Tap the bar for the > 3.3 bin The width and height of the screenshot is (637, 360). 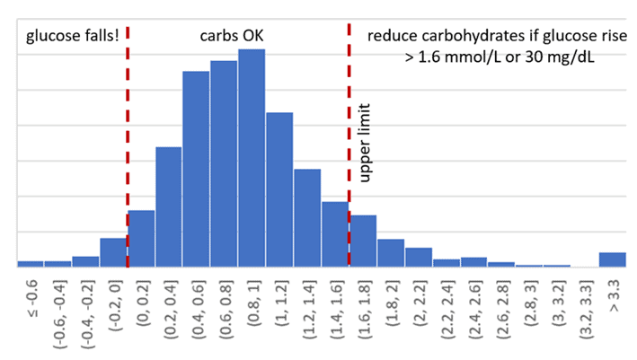click(612, 259)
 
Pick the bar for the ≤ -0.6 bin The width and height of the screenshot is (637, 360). click(31, 263)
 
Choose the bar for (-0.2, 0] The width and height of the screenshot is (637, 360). click(113, 252)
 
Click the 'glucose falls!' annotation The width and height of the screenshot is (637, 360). click(66, 37)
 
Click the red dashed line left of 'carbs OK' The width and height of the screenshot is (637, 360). click(128, 144)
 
